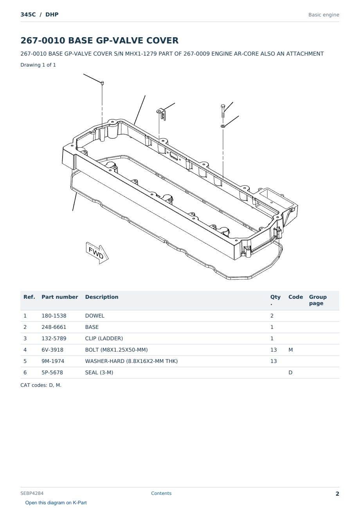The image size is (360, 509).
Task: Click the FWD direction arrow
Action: click(x=97, y=253)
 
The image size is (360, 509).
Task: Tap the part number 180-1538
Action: click(x=54, y=316)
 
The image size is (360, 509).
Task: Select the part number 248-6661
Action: click(x=54, y=327)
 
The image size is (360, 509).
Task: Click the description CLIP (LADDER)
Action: click(x=104, y=339)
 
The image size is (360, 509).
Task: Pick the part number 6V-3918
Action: click(x=52, y=350)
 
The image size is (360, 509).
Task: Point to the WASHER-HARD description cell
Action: click(x=131, y=361)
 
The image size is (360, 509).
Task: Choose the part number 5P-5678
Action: click(x=52, y=373)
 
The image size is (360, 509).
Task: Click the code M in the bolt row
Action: click(x=290, y=350)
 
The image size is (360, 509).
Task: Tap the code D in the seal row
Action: click(x=290, y=373)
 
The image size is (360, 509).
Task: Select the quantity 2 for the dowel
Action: click(x=272, y=316)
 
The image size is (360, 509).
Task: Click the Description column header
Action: click(x=102, y=297)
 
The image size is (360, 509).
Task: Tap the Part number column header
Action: click(x=60, y=297)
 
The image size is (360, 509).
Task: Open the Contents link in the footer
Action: click(x=161, y=493)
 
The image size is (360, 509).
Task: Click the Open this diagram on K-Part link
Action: click(x=56, y=503)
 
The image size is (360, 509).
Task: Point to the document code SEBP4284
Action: click(x=32, y=493)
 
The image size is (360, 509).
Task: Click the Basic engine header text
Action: click(x=324, y=15)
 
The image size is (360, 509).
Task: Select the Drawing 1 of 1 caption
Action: click(x=38, y=65)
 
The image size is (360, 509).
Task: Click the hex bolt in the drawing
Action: click(x=223, y=111)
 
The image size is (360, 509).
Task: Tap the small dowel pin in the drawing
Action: click(x=102, y=83)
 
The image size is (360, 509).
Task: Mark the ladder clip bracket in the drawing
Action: click(x=162, y=114)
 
